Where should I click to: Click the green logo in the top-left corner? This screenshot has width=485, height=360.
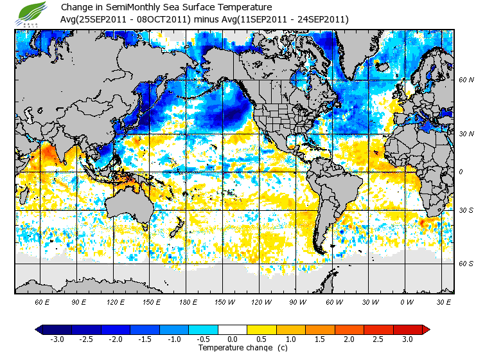(x=33, y=13)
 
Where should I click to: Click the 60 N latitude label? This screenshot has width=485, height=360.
(x=466, y=80)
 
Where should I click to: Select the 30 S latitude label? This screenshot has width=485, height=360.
(x=466, y=210)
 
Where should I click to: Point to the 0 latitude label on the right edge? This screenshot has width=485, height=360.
(x=461, y=172)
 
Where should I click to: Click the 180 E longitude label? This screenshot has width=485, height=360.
(x=188, y=301)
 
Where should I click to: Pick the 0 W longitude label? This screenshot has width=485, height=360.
(x=407, y=301)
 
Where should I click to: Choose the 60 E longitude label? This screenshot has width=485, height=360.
(x=42, y=301)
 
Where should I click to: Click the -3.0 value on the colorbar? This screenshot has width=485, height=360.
(x=57, y=339)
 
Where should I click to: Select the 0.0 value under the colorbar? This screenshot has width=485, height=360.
(x=233, y=339)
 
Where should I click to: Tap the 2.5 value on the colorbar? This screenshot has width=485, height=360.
(x=379, y=339)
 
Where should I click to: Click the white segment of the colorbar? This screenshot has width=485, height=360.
(x=233, y=329)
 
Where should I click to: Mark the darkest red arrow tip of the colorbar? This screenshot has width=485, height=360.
(x=425, y=329)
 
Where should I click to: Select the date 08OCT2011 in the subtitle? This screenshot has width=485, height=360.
(x=163, y=19)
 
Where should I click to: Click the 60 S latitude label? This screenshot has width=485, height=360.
(x=466, y=263)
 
